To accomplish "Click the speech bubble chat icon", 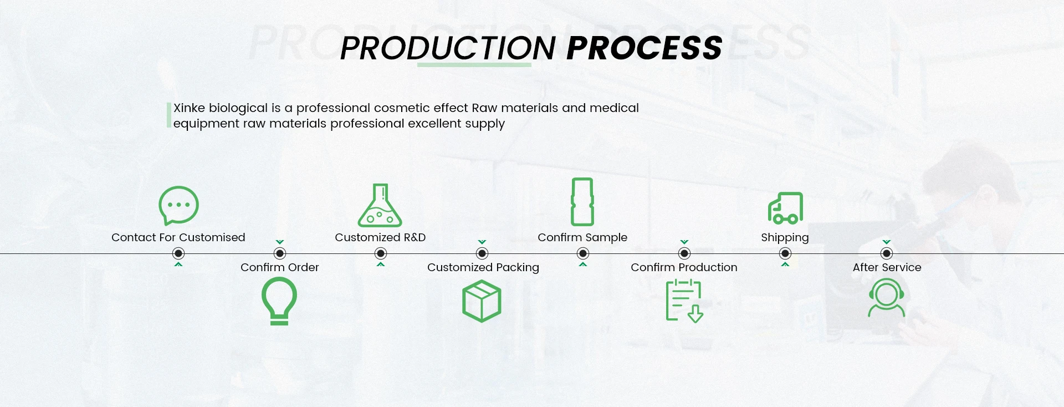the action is (178, 205).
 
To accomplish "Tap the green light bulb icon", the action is (279, 301).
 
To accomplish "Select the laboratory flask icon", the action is (380, 206).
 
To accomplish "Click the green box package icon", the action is (482, 301).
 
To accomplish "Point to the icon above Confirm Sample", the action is (582, 202).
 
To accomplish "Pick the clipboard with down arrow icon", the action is (684, 301).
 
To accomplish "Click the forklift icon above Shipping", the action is (785, 208).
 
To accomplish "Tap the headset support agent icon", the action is (886, 298).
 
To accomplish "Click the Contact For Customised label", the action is (178, 237).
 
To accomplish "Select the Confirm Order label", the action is (279, 267).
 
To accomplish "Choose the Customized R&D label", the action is (380, 237).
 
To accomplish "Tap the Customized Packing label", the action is (483, 267).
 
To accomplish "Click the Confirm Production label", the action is (684, 267).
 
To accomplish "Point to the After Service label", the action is (887, 267).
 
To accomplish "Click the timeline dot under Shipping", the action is (785, 253).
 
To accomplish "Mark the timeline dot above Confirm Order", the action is (280, 253).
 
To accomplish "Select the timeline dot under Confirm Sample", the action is (582, 253).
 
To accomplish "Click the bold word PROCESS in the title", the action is (644, 48).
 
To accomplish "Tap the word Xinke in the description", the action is (189, 108).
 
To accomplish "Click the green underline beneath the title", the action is (474, 65).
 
